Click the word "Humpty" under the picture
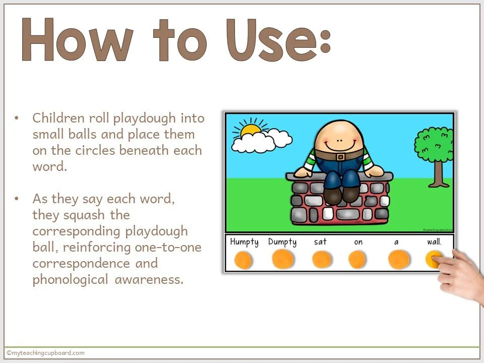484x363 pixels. click(244, 241)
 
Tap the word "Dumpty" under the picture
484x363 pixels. click(282, 241)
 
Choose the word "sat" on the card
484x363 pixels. click(320, 241)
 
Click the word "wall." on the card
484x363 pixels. click(434, 241)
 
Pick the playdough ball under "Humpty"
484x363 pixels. click(244, 260)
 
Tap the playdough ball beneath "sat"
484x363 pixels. click(321, 260)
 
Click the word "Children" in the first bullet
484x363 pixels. click(54, 118)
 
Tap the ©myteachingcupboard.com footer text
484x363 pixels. click(45, 353)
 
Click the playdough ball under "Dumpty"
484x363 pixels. click(282, 259)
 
